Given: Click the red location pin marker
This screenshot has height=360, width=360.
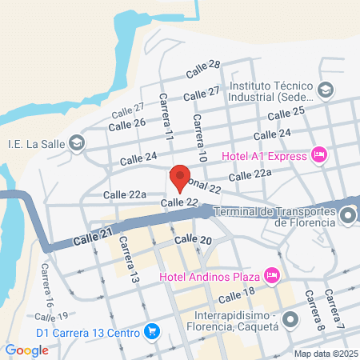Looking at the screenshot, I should (181, 178).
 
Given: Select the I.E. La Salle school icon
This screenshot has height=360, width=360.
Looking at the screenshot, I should (77, 144).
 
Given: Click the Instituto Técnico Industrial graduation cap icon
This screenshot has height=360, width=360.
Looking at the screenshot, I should (325, 90).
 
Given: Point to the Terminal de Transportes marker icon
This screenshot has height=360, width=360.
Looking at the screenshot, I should (348, 215).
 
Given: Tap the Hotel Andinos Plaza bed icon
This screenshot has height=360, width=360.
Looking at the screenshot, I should (271, 276).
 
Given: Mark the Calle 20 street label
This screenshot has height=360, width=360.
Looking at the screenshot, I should (193, 240).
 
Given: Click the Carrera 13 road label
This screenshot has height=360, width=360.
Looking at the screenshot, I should (129, 261).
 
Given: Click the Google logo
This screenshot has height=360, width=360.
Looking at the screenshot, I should (26, 350).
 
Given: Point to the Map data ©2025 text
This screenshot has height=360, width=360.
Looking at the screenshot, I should (324, 354).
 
